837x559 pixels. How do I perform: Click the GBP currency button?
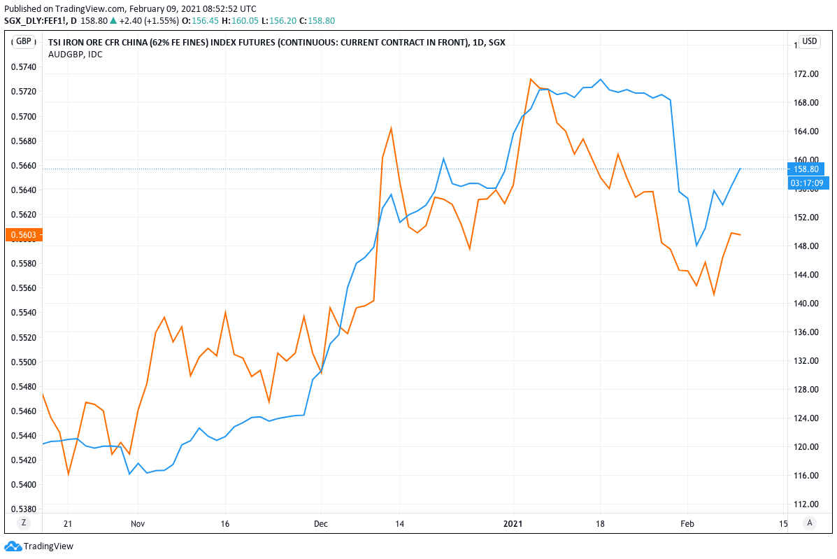click(24, 41)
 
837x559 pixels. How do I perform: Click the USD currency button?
click(809, 41)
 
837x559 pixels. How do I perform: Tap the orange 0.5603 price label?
click(24, 235)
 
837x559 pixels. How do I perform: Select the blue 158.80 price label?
click(806, 169)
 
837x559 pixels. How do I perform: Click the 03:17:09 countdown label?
click(806, 183)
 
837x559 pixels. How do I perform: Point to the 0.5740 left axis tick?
click(24, 67)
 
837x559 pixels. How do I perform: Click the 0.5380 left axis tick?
click(24, 509)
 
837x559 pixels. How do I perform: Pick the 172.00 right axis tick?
click(806, 74)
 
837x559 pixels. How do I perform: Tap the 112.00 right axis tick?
click(806, 504)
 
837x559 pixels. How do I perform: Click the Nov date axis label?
click(138, 523)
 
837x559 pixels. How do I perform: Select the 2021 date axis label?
click(513, 523)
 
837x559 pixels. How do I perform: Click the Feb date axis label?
click(687, 523)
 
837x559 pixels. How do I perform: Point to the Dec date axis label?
click(321, 523)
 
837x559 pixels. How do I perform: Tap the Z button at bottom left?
click(23, 523)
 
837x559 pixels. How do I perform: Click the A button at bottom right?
click(810, 523)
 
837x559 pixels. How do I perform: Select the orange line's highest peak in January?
click(531, 79)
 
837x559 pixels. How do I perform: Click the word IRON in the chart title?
click(76, 42)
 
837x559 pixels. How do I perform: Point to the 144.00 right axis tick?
click(806, 275)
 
